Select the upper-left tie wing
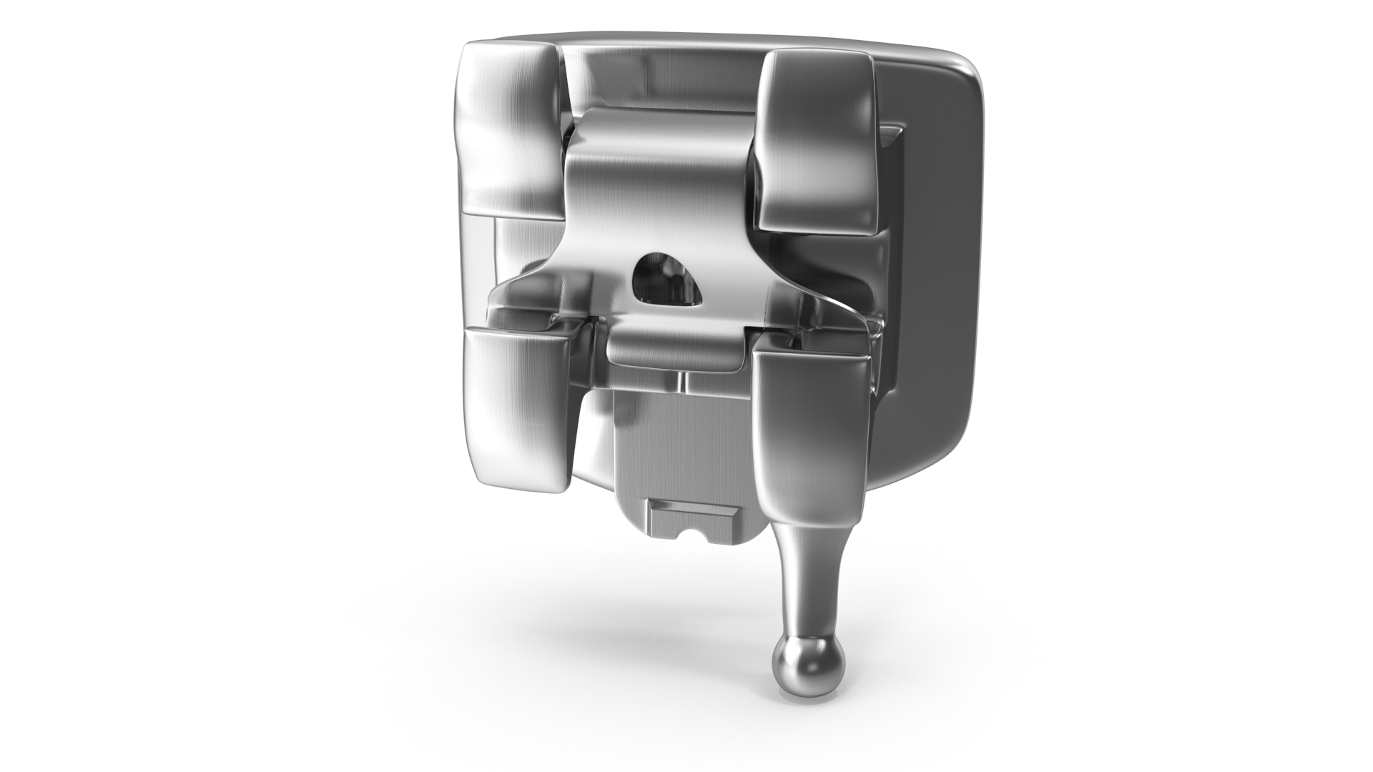509,129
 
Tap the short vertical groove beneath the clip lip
683,382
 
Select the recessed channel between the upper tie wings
661,79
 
